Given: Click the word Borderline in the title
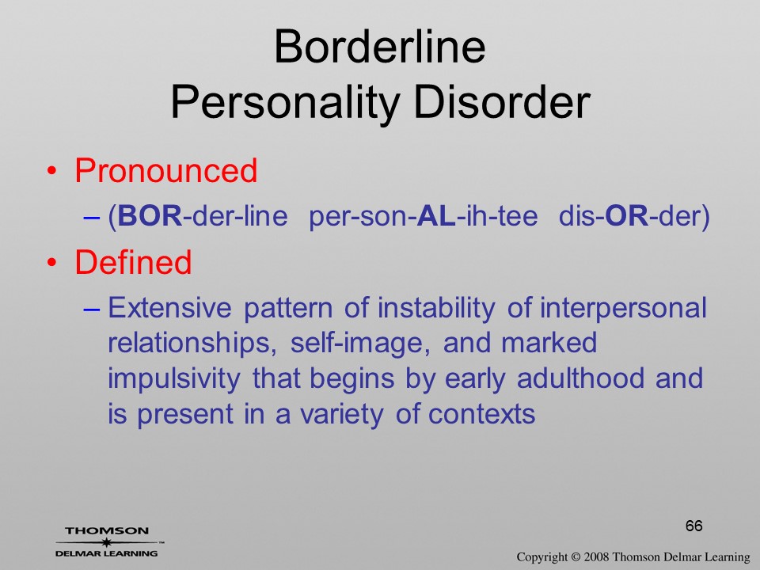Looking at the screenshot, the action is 379,47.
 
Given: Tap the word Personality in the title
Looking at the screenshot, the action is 285,103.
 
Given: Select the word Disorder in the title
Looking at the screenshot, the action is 502,102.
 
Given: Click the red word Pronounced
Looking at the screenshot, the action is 165,170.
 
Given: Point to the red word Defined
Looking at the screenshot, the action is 133,262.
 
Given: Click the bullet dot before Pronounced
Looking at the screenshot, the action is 52,172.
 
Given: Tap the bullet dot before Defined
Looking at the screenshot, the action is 52,263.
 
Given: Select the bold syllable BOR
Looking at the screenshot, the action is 150,215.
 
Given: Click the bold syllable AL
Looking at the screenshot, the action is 436,215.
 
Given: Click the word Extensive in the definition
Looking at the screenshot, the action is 169,308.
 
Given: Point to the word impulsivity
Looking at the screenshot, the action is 174,379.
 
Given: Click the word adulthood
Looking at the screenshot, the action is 580,378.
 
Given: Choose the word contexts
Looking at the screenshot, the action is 482,414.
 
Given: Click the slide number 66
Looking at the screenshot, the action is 694,526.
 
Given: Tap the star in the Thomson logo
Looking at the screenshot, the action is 106,542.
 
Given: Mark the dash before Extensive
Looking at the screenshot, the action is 92,310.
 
